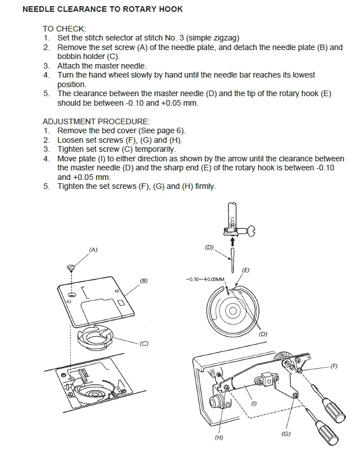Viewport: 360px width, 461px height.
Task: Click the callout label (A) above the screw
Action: point(93,249)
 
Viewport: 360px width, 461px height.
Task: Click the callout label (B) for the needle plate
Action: point(144,280)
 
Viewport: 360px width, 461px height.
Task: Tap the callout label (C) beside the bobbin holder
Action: point(144,344)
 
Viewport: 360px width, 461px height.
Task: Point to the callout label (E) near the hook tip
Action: point(245,270)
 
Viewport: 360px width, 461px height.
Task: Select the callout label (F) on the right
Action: point(334,366)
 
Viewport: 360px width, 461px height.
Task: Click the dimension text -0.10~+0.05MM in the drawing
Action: point(205,278)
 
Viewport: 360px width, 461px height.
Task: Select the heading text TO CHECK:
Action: point(65,28)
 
